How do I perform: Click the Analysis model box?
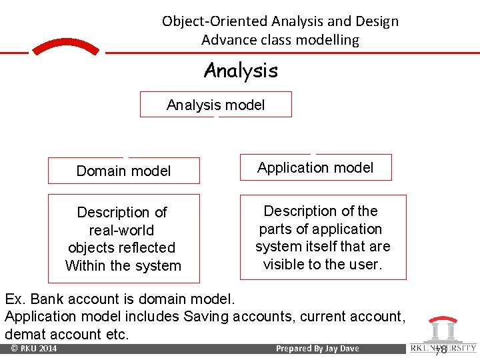(215, 105)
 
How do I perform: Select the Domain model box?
(123, 171)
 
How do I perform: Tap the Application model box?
(315, 168)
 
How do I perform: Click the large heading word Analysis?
(241, 70)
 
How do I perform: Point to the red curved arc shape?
(65, 47)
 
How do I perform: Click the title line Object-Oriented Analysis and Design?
(280, 21)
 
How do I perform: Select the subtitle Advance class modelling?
(280, 40)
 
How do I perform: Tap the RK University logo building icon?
(443, 329)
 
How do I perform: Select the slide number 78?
(441, 349)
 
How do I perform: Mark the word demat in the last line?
(23, 333)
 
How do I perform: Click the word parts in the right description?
(275, 229)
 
